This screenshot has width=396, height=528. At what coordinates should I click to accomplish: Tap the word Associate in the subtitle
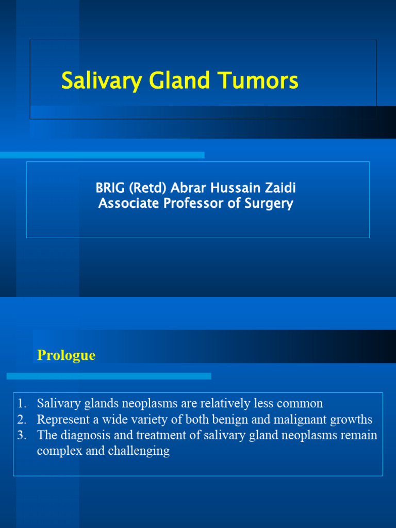pyautogui.click(x=129, y=204)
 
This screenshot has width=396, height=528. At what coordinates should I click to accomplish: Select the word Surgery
pyautogui.click(x=269, y=204)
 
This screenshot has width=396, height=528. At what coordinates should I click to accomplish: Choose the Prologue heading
pyautogui.click(x=67, y=355)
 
